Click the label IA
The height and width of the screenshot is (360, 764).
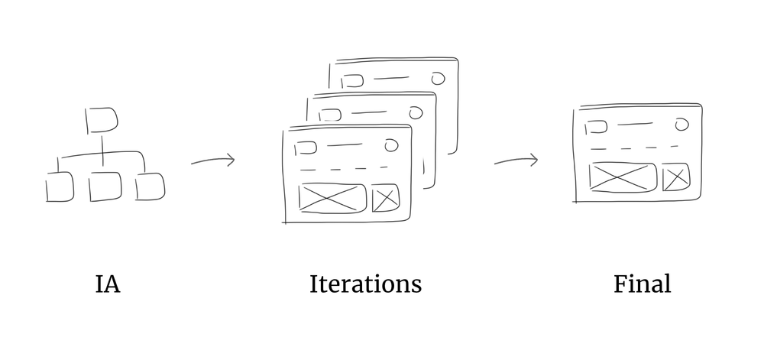pyautogui.click(x=108, y=285)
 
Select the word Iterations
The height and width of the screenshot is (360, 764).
pyautogui.click(x=365, y=284)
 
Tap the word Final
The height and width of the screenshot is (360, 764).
pyautogui.click(x=642, y=284)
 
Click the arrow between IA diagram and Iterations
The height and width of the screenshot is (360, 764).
pyautogui.click(x=213, y=161)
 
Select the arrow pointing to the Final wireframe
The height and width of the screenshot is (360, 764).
pyautogui.click(x=516, y=161)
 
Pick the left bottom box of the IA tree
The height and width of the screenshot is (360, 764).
pyautogui.click(x=60, y=187)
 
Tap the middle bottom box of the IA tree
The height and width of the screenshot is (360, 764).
pyautogui.click(x=105, y=187)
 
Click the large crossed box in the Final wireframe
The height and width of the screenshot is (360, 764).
pyautogui.click(x=623, y=177)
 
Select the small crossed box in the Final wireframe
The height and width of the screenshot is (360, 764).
pyautogui.click(x=676, y=178)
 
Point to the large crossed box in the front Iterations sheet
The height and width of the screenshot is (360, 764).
pyautogui.click(x=332, y=198)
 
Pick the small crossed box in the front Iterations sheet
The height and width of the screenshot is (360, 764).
pyautogui.click(x=385, y=199)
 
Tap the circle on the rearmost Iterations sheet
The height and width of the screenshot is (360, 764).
pyautogui.click(x=438, y=78)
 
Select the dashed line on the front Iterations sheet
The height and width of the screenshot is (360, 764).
pyautogui.click(x=344, y=167)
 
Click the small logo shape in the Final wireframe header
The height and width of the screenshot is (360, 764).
pyautogui.click(x=593, y=126)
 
